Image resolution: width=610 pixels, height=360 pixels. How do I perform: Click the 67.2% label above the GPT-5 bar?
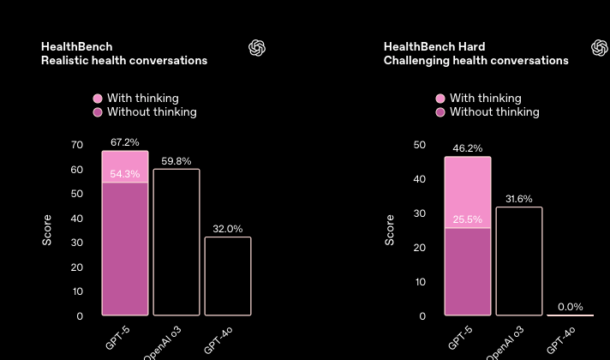tap(124, 142)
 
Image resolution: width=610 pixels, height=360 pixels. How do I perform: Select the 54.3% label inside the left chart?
tap(124, 174)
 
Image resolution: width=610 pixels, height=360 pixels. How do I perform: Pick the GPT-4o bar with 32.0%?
tap(228, 276)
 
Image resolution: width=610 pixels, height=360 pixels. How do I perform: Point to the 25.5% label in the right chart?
tap(467, 219)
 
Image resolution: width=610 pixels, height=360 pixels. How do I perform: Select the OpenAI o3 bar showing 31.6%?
tap(519, 261)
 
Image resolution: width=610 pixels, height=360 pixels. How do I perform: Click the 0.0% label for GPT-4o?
tap(570, 307)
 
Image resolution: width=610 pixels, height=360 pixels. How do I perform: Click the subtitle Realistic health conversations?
tap(124, 61)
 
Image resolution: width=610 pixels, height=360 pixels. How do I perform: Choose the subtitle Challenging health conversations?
tap(475, 61)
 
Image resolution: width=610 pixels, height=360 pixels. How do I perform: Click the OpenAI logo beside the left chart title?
tap(257, 48)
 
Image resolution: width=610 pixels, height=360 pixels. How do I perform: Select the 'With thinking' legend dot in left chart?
tap(98, 99)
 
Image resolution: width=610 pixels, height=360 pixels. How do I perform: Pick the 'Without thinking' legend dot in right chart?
tap(440, 112)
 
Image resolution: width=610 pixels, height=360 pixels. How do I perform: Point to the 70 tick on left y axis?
tap(77, 145)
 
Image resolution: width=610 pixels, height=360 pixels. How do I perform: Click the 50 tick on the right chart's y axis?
tap(419, 145)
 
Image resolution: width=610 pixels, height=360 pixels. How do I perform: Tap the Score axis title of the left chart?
tap(47, 230)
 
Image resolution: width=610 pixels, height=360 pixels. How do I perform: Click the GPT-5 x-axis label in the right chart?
tap(460, 338)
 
